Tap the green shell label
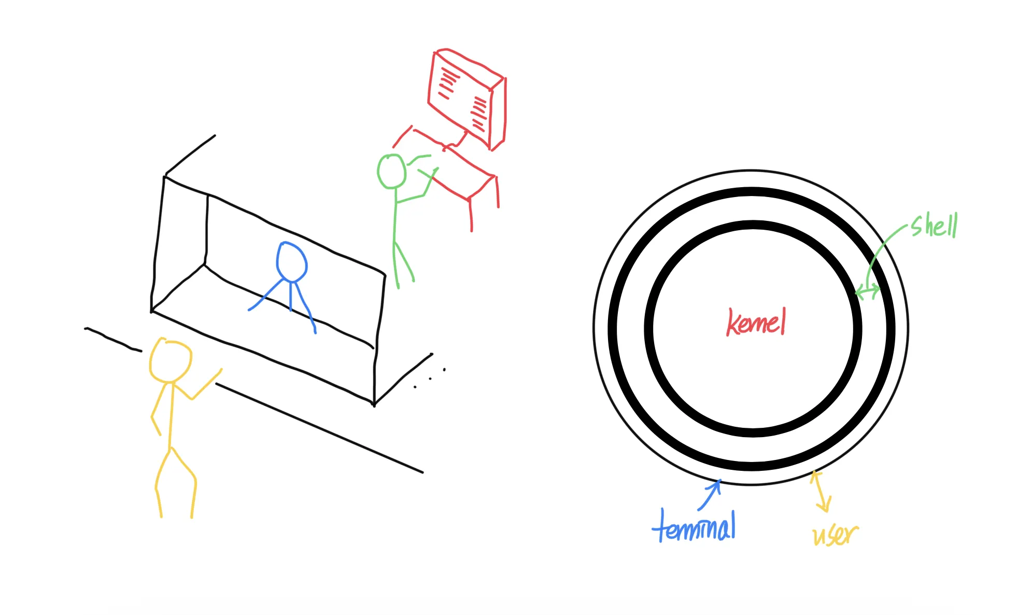[934, 226]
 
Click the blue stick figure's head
[291, 262]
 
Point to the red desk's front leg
[471, 215]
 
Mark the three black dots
[430, 379]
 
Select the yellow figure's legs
[175, 482]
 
